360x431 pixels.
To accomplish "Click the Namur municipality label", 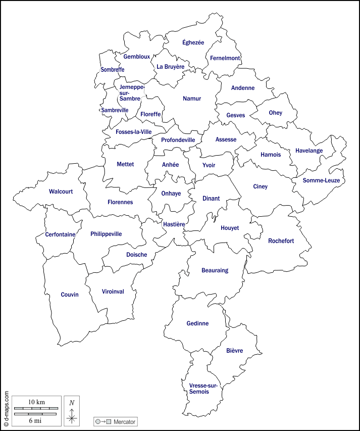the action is (192, 99).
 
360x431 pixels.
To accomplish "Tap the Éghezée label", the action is (193, 42).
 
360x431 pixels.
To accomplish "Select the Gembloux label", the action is (136, 57).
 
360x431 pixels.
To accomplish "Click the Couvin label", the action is (70, 295).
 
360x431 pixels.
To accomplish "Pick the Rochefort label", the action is (281, 241).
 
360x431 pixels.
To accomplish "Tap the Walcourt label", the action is (61, 191).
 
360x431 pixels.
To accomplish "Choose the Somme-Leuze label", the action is (324, 180).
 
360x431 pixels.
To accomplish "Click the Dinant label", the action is (211, 199).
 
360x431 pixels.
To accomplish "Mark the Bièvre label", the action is (235, 351).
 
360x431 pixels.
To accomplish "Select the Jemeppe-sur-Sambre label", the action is (132, 92).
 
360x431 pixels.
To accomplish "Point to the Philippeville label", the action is (106, 234).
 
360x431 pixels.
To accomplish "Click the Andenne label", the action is (243, 88).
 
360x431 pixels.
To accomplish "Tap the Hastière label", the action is (174, 224).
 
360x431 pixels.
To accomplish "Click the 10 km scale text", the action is (36, 402).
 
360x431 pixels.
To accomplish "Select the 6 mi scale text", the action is (36, 420).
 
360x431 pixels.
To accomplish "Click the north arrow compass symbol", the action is (72, 413).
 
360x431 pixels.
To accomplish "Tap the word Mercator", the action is (124, 421).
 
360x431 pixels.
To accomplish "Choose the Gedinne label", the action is (197, 323).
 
